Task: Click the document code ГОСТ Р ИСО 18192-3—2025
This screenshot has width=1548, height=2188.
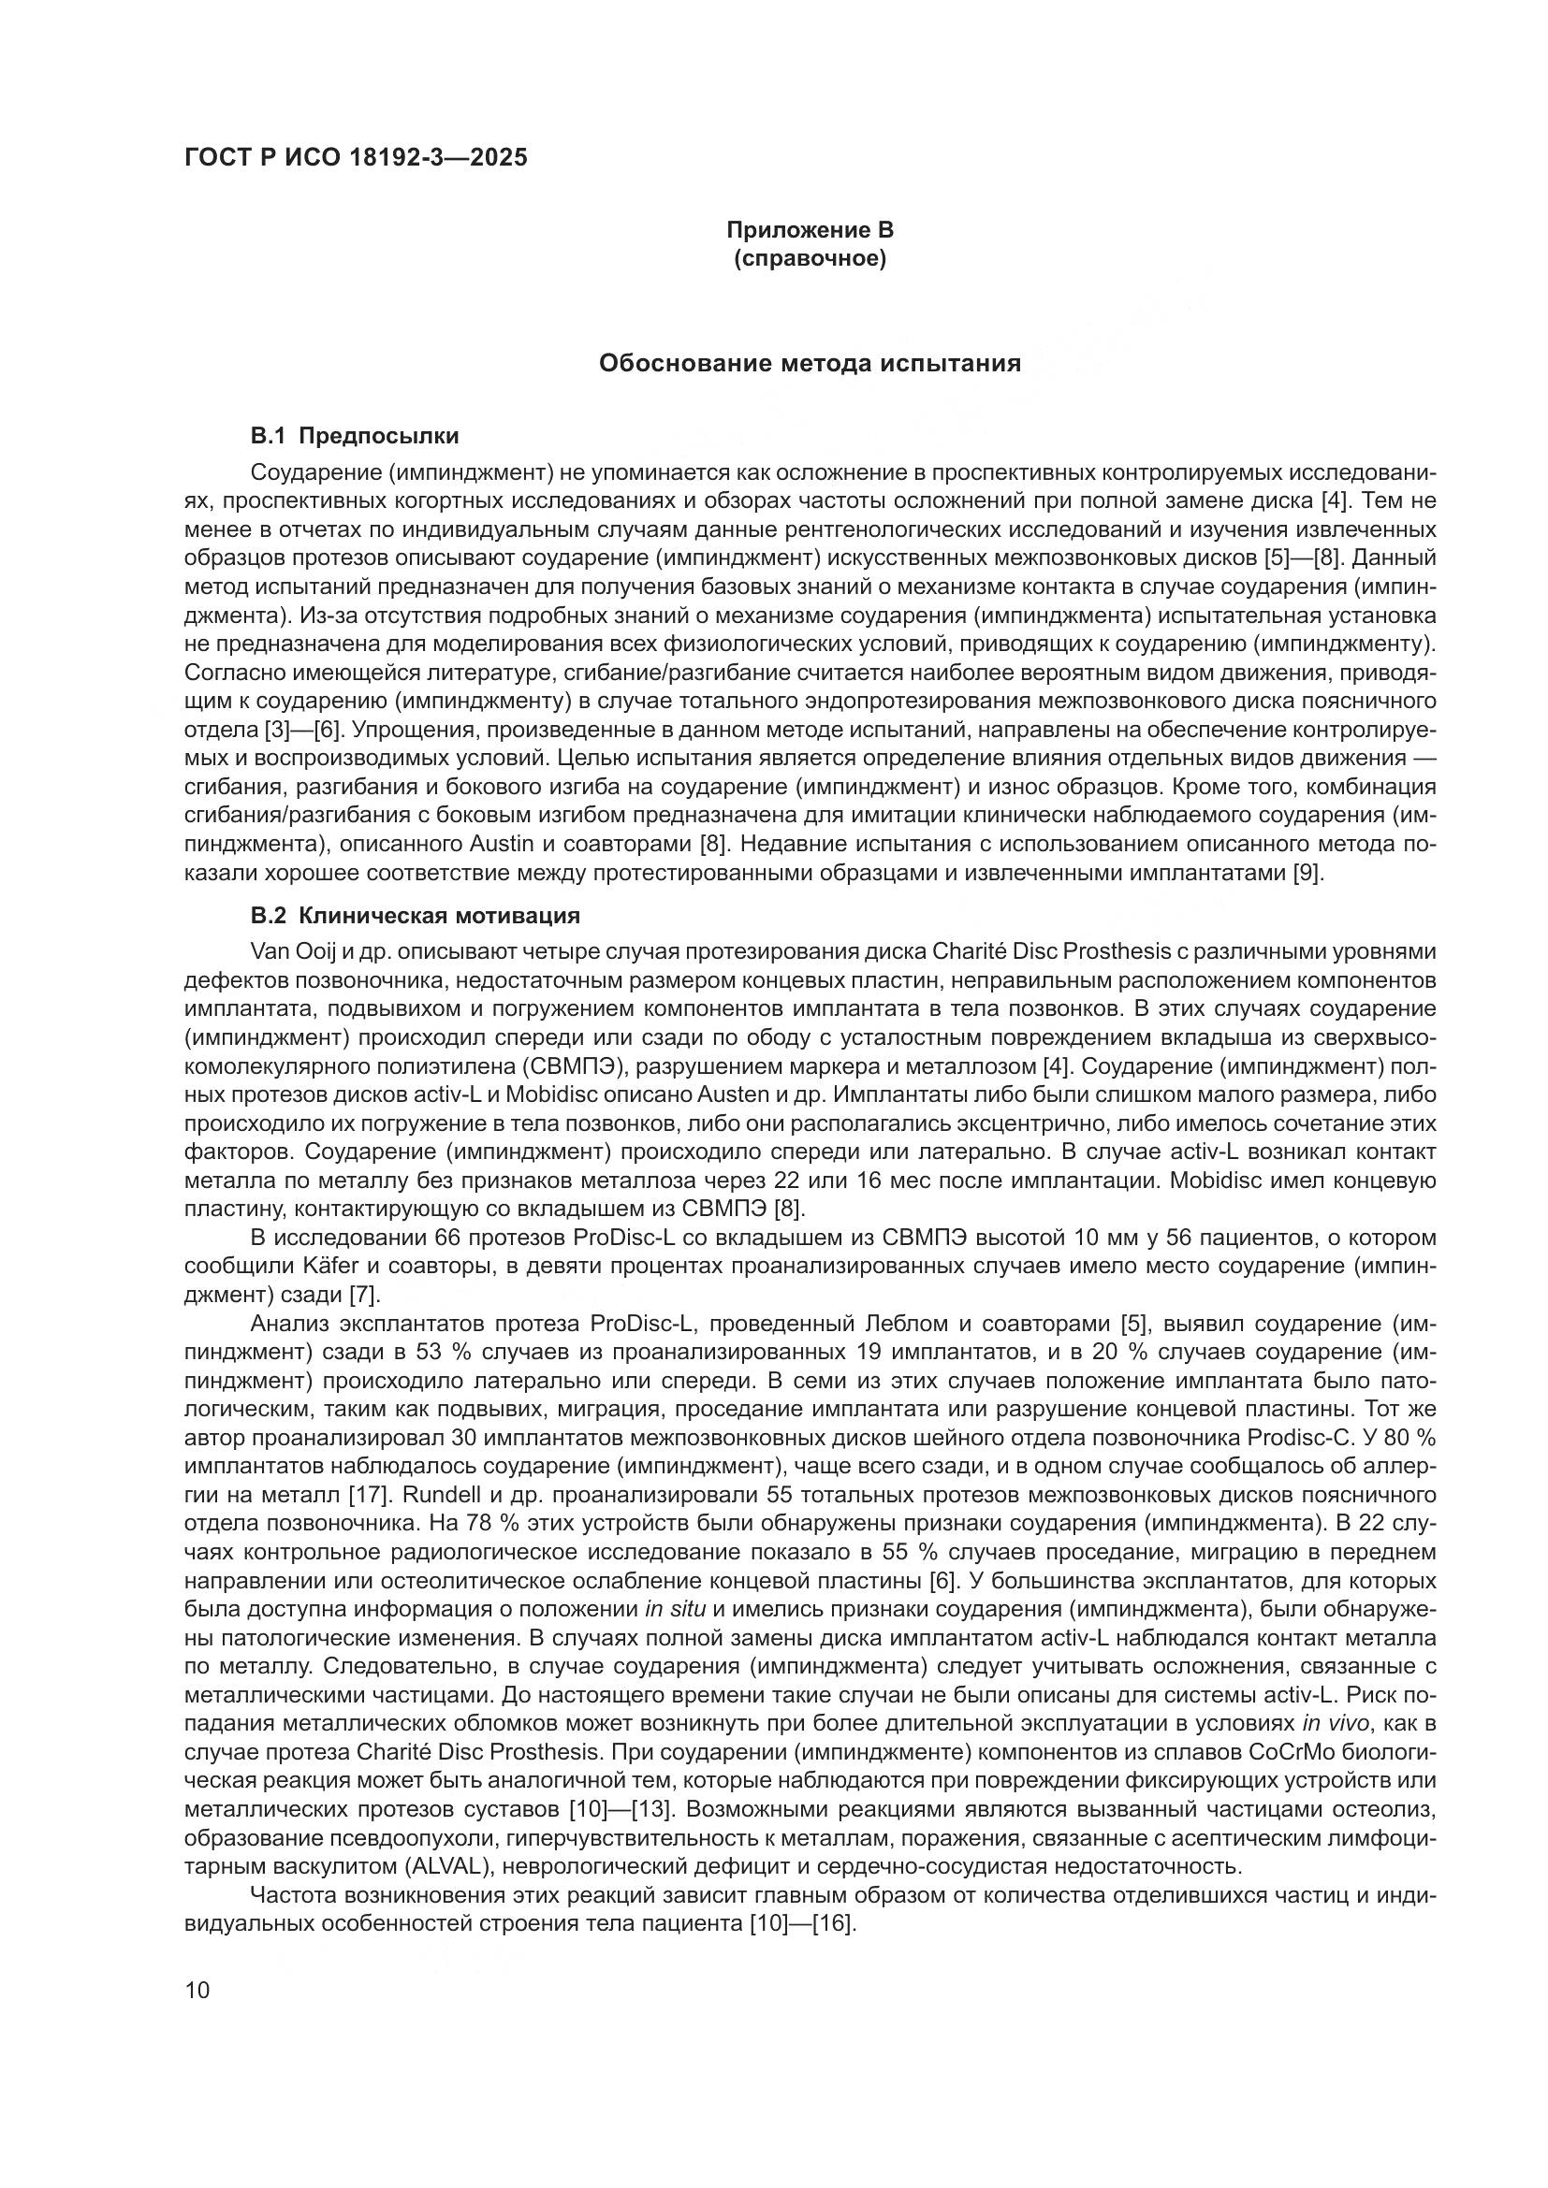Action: (356, 158)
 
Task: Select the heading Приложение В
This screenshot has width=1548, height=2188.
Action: (811, 230)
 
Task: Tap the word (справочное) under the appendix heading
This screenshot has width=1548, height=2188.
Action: (811, 259)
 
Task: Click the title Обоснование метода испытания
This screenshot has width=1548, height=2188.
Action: (810, 363)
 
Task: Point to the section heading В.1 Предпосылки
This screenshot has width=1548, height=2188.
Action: (355, 437)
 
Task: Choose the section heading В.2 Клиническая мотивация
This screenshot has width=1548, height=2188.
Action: (415, 917)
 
